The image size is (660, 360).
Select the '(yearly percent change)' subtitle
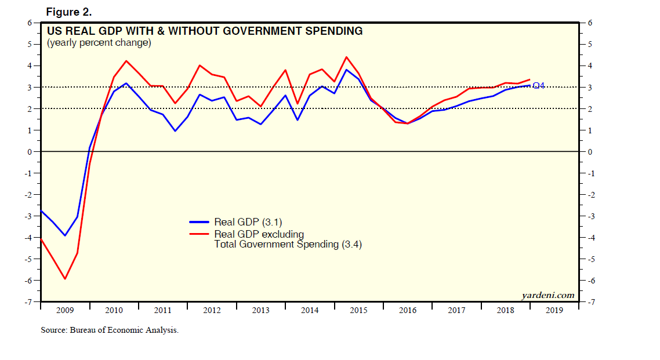(99, 43)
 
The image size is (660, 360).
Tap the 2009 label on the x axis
(65, 310)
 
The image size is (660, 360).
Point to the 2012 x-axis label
(212, 310)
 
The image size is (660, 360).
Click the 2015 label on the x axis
(358, 310)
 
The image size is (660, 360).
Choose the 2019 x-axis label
(554, 310)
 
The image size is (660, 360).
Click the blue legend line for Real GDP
(200, 222)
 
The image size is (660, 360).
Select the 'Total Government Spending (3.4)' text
(288, 245)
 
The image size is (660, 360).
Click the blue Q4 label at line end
(538, 86)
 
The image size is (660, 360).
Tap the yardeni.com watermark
(548, 295)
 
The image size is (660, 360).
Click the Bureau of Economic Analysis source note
(110, 330)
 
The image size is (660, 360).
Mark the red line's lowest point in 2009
(65, 279)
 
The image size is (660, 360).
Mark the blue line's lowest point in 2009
(65, 235)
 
